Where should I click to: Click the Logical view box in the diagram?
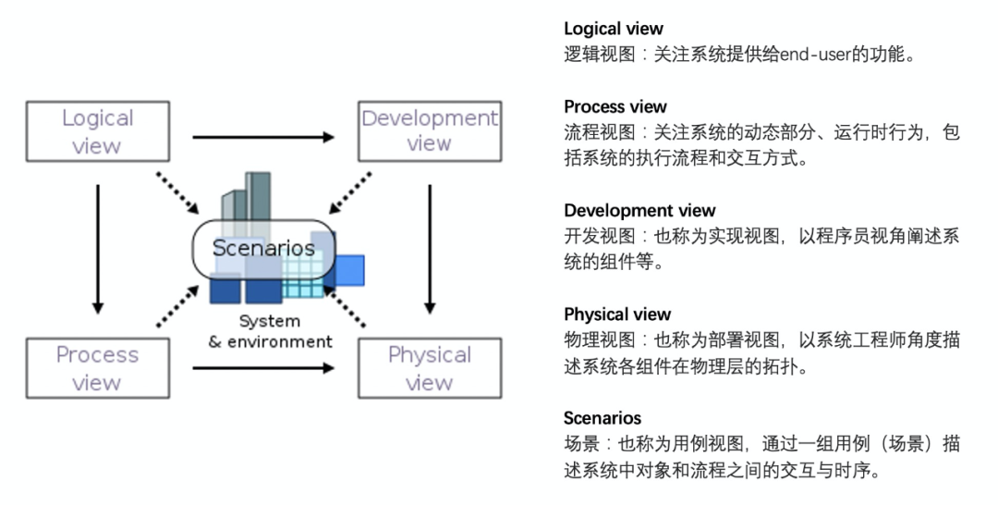pyautogui.click(x=97, y=131)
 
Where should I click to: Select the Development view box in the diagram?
pyautogui.click(x=429, y=131)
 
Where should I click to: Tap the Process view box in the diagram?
pyautogui.click(x=97, y=368)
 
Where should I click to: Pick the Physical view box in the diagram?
pyautogui.click(x=429, y=368)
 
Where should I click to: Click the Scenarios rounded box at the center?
pyautogui.click(x=262, y=248)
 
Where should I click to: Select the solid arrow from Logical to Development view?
pyautogui.click(x=263, y=137)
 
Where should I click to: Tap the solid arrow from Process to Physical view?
pyautogui.click(x=263, y=367)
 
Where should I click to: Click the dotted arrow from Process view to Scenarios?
pyautogui.click(x=176, y=306)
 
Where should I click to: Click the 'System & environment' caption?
pyautogui.click(x=270, y=332)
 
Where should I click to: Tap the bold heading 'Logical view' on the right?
pyautogui.click(x=614, y=29)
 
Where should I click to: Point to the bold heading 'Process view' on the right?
pyautogui.click(x=615, y=106)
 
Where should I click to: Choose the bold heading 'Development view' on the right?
pyautogui.click(x=639, y=210)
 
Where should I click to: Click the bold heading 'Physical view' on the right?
pyautogui.click(x=617, y=314)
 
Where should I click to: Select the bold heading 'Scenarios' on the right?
pyautogui.click(x=602, y=418)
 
